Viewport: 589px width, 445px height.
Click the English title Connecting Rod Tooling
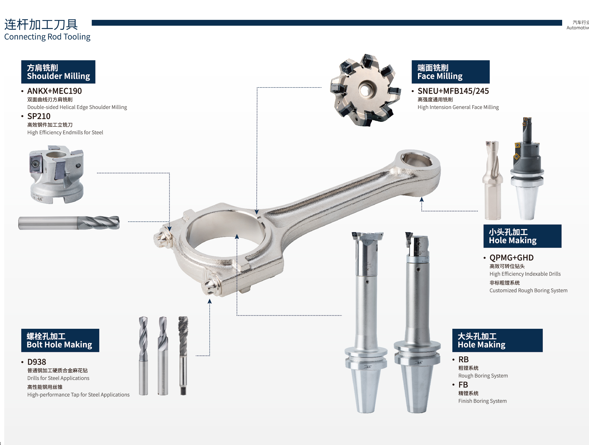tap(47, 37)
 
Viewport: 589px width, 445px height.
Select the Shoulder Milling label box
tap(58, 72)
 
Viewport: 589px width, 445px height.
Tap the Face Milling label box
tap(450, 72)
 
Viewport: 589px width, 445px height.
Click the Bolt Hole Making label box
tap(60, 340)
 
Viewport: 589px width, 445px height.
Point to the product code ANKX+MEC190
tap(54, 91)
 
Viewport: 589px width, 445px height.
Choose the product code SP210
tap(39, 116)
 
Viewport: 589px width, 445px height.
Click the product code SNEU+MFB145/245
tap(453, 91)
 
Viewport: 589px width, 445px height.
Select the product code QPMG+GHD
tap(511, 258)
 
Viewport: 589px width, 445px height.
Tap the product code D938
tap(37, 362)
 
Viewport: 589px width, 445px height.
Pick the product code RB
tap(463, 360)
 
